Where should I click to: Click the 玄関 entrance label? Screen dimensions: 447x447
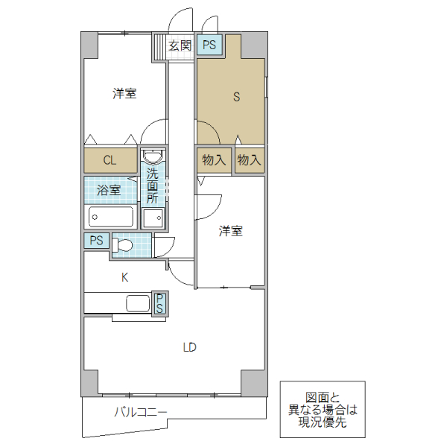point(180,46)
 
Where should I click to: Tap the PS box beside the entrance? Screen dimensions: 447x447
point(209,45)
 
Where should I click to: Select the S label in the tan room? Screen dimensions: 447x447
point(237,96)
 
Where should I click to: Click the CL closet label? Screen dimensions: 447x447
point(110,159)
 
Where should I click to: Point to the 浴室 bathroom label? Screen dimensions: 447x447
point(110,190)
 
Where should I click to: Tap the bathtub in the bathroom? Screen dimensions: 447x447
point(110,217)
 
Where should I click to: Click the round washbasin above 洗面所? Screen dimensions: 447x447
point(153,157)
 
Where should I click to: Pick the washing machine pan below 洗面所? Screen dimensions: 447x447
point(154,218)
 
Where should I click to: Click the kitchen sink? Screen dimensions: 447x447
point(138,303)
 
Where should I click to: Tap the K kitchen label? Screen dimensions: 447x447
point(125,277)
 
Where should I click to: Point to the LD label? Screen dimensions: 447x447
point(189,346)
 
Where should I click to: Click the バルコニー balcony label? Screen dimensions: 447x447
point(140,411)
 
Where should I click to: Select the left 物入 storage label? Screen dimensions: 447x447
point(214,159)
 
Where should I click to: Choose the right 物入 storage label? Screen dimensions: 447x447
point(249,159)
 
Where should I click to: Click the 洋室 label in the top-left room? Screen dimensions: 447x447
point(124,94)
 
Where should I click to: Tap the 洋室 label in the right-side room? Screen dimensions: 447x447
point(230,231)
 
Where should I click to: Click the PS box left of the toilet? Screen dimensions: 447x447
point(96,241)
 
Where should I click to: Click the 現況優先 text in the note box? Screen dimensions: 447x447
point(322,422)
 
